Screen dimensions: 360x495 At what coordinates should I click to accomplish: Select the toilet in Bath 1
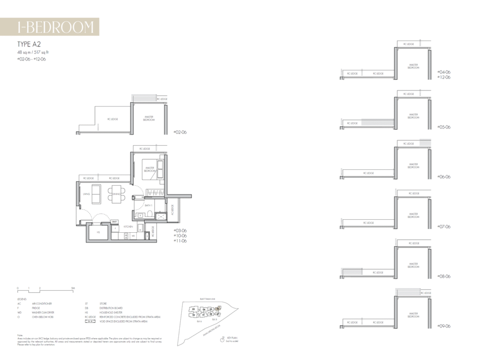[x=150, y=214]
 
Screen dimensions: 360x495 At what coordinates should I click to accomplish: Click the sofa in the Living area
[x=97, y=194]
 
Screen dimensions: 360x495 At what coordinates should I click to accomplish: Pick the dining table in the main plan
[x=116, y=194]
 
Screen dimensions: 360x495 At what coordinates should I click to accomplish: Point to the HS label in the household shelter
[x=98, y=232]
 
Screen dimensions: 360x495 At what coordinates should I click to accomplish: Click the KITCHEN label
[x=128, y=226]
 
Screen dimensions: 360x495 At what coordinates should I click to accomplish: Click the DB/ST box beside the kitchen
[x=115, y=222]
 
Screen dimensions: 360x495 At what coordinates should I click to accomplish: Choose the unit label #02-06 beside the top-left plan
[x=180, y=132]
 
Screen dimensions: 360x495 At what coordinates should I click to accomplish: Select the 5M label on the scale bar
[x=73, y=288]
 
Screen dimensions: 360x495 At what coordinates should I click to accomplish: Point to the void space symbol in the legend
[x=89, y=321]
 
